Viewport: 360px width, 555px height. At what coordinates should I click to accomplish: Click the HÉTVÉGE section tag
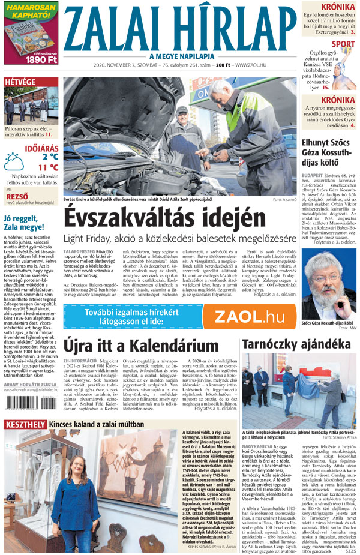(20, 82)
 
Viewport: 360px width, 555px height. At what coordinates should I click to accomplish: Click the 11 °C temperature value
(48, 167)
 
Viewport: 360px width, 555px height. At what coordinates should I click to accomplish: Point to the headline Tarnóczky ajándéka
(295, 344)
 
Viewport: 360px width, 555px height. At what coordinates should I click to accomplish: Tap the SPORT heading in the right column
(343, 44)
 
